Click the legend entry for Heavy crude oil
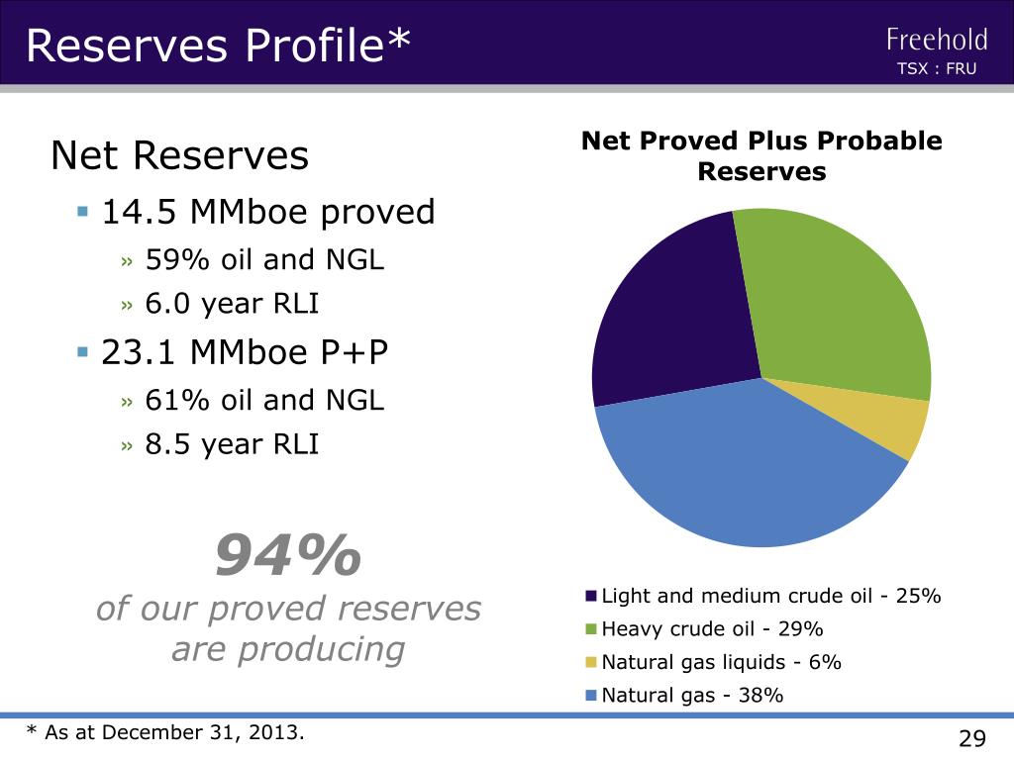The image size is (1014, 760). point(712,629)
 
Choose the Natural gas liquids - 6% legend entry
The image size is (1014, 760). point(721,662)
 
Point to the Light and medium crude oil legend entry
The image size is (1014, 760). point(770,596)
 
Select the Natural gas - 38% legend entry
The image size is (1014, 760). point(692,695)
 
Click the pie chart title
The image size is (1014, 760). point(761,156)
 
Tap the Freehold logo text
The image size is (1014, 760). point(937,40)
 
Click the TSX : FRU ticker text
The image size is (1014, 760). point(936,69)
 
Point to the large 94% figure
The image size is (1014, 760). point(288,555)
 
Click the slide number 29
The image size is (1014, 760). point(972,738)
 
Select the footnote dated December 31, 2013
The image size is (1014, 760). point(166,732)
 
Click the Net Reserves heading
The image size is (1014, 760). point(180,155)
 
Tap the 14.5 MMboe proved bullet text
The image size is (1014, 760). point(268,212)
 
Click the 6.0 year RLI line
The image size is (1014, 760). point(232,304)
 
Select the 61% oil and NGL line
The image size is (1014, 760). point(264,400)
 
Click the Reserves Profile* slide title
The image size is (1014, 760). point(217,45)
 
